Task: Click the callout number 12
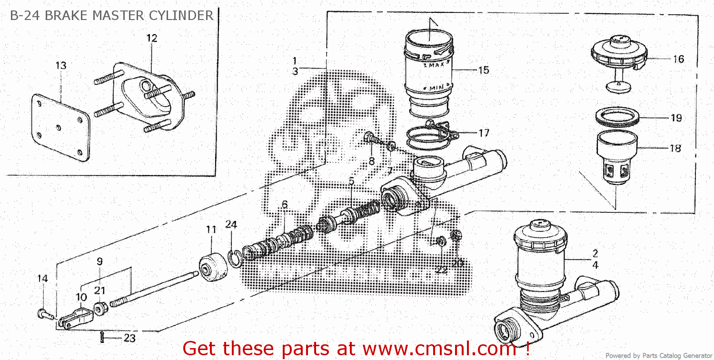(151, 39)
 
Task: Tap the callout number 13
(60, 66)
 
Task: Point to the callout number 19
(676, 118)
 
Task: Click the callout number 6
(285, 205)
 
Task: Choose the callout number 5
(351, 181)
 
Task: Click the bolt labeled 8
(370, 138)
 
